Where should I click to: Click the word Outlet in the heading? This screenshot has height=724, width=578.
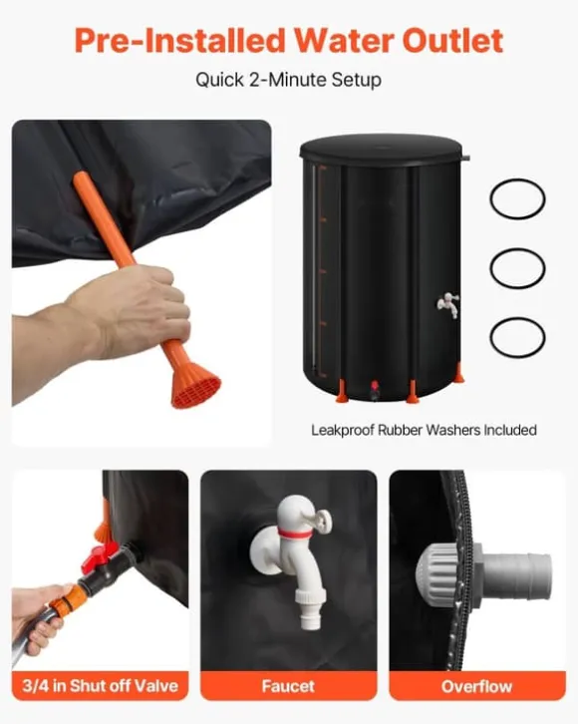(x=452, y=41)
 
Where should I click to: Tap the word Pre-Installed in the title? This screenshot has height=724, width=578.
(x=180, y=41)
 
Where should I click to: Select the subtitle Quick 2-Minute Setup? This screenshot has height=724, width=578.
(x=288, y=80)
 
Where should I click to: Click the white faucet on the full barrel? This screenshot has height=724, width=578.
(x=448, y=304)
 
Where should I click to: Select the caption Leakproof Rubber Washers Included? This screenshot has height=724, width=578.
(x=424, y=431)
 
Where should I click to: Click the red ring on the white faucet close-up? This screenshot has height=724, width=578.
(x=294, y=535)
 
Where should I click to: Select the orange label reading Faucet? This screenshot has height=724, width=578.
(x=289, y=686)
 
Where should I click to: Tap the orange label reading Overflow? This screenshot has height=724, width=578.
(x=477, y=686)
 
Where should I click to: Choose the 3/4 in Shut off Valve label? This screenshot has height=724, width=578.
(x=100, y=686)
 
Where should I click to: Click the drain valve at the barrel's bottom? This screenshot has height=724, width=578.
(x=374, y=389)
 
